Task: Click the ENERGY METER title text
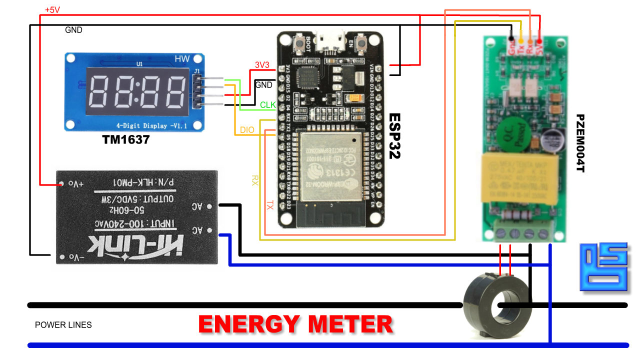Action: point(295,324)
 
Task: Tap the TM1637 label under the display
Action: point(126,139)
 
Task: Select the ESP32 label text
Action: point(395,135)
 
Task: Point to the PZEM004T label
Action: point(580,143)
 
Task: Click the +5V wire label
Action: point(52,9)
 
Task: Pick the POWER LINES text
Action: point(63,325)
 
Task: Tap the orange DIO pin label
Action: point(247,130)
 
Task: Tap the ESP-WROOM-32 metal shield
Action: point(330,162)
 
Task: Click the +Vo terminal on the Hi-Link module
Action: point(62,184)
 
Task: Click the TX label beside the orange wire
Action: point(270,204)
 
